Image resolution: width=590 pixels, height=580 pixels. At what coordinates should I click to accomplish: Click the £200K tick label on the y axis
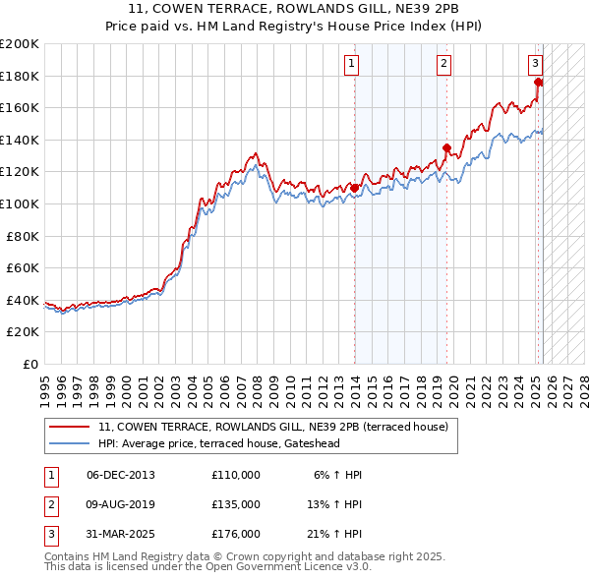click(x=20, y=44)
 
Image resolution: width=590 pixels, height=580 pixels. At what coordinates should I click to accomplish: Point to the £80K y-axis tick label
click(x=23, y=236)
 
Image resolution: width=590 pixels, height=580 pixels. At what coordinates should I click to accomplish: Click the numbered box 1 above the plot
click(x=351, y=65)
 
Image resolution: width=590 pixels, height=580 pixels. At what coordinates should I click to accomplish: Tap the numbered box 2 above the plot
click(x=443, y=65)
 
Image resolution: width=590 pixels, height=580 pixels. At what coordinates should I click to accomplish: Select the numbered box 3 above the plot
click(x=535, y=65)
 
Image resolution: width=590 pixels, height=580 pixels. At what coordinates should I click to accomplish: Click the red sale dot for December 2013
click(x=354, y=188)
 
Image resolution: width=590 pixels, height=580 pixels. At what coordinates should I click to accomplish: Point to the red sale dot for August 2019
click(x=446, y=148)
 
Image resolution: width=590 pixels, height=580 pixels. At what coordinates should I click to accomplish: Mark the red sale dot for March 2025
click(x=538, y=83)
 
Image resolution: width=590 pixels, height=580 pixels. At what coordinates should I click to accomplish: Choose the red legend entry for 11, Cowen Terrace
click(x=272, y=427)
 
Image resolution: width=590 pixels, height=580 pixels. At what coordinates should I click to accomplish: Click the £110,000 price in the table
click(x=236, y=475)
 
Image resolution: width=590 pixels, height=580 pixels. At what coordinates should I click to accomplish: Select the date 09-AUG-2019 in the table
click(x=121, y=504)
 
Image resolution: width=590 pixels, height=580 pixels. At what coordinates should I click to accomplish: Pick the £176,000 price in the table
click(x=236, y=534)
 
